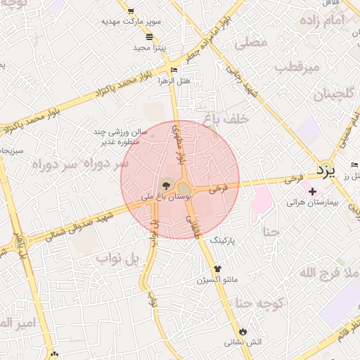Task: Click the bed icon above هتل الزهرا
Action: click(174, 70)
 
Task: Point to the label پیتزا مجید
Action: click(149, 48)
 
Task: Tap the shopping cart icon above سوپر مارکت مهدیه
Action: click(131, 11)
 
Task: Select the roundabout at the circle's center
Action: click(184, 188)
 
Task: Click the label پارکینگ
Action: click(224, 240)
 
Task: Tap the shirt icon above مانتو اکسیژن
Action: click(217, 269)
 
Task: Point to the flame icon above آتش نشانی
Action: click(243, 331)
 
